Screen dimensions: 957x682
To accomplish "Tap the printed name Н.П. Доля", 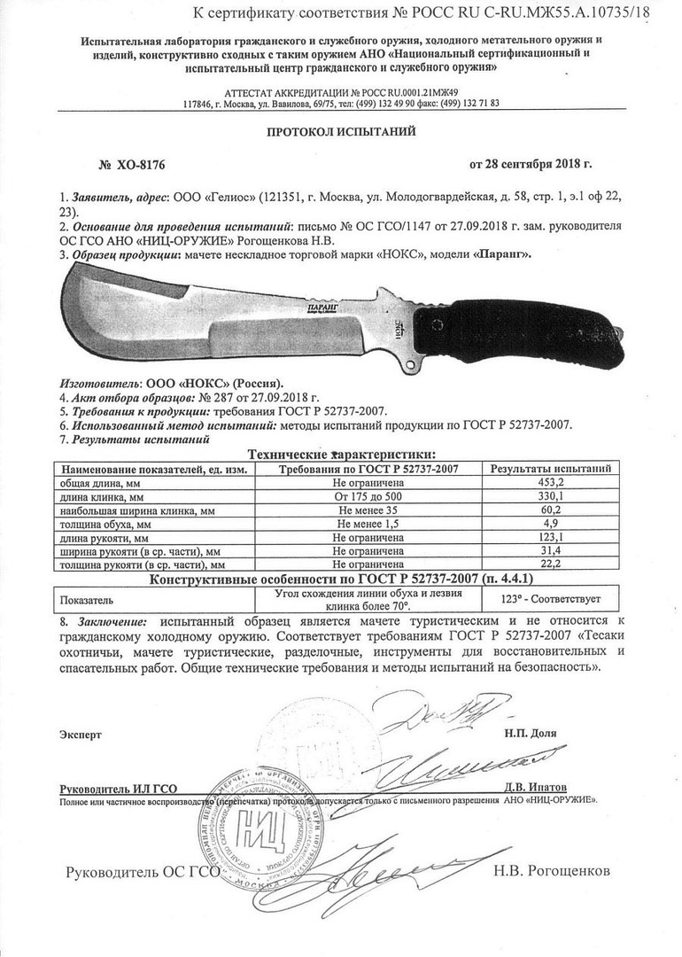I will pos(531,735).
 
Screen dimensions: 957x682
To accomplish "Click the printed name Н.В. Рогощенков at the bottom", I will pos(553,871).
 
